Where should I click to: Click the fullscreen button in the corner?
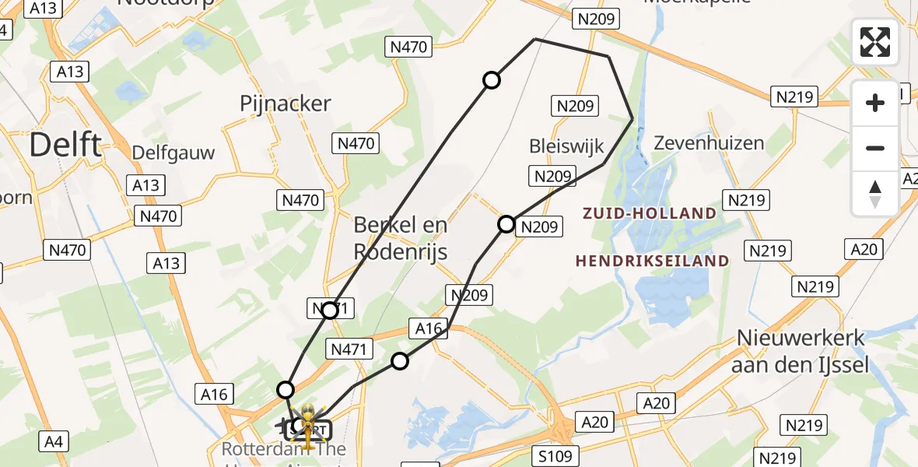click(x=875, y=42)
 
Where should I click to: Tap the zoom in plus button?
click(x=875, y=103)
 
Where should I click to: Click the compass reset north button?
click(x=875, y=194)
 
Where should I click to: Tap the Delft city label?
click(x=65, y=146)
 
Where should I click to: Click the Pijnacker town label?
click(x=286, y=104)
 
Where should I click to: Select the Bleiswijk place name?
click(x=561, y=146)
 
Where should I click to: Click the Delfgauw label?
click(x=173, y=153)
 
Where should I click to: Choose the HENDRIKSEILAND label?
click(x=652, y=262)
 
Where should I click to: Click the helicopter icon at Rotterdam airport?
click(x=308, y=426)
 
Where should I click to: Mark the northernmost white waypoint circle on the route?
click(x=492, y=79)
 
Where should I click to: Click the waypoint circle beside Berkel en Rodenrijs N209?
click(x=506, y=224)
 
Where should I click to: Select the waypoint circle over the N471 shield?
click(x=329, y=311)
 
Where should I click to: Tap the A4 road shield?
click(x=53, y=443)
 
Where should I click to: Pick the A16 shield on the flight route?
click(x=429, y=328)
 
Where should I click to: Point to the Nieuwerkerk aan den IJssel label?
click(x=800, y=351)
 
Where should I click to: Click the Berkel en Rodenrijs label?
click(x=401, y=238)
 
